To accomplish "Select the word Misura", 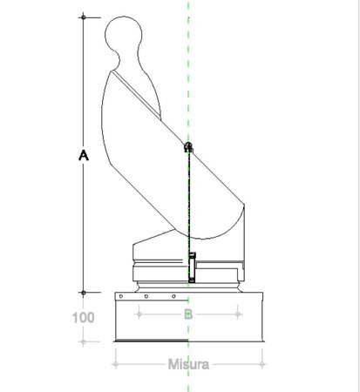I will pyautogui.click(x=187, y=364).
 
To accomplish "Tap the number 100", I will pyautogui.click(x=84, y=317).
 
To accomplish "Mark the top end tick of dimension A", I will pyautogui.click(x=84, y=16).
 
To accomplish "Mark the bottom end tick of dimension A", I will pyautogui.click(x=84, y=293).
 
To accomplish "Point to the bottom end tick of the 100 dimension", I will pyautogui.click(x=84, y=341).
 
